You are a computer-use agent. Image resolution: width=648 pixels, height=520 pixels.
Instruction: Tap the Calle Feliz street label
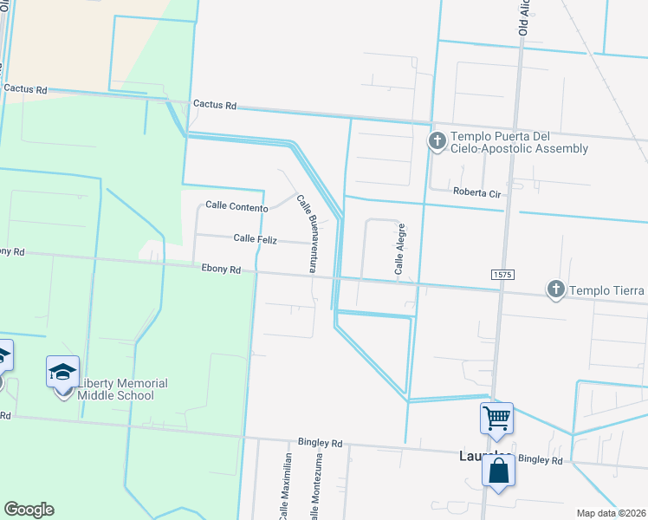(255, 238)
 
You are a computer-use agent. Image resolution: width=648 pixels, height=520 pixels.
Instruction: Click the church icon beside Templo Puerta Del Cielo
(437, 139)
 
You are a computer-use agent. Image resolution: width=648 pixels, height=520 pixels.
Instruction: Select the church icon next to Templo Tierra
(555, 289)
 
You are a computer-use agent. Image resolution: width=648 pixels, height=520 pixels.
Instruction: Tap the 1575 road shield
(503, 274)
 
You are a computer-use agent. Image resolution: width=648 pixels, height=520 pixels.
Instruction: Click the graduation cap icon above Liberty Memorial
(62, 372)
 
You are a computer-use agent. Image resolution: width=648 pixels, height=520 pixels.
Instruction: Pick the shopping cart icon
(497, 418)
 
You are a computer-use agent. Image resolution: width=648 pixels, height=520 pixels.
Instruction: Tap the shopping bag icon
(498, 471)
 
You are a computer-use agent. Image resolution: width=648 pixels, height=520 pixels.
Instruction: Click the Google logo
(29, 510)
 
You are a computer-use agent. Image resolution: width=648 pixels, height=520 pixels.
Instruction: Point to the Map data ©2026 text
(612, 513)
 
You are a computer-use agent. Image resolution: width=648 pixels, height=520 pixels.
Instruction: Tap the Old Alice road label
(524, 17)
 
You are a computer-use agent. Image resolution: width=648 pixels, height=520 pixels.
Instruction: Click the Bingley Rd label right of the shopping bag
(541, 459)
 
